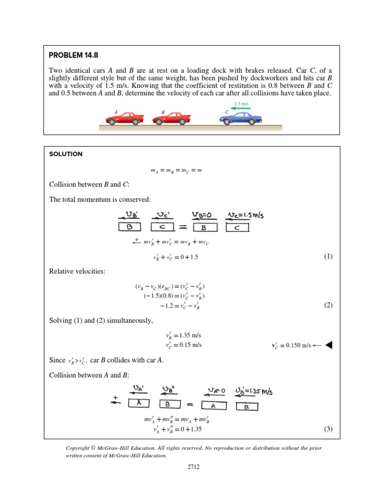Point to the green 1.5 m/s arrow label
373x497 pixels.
pyautogui.click(x=241, y=104)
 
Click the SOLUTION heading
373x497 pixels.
pyautogui.click(x=66, y=154)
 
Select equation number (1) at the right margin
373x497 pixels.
pyautogui.click(x=328, y=257)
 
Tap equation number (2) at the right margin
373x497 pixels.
pyautogui.click(x=328, y=305)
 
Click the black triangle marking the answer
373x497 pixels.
pyautogui.click(x=329, y=345)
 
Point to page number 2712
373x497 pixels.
pyautogui.click(x=186, y=467)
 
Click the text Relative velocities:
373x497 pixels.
pyautogui.click(x=77, y=271)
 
